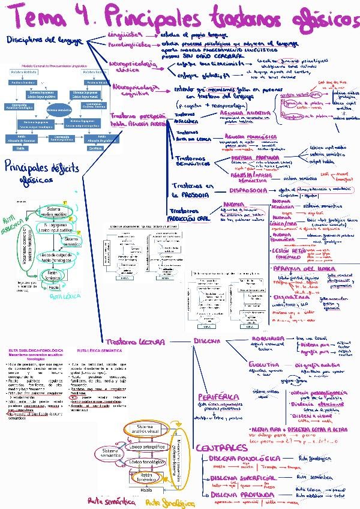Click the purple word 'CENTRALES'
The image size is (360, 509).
coord(221,448)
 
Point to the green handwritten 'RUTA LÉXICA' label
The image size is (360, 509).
coord(65,297)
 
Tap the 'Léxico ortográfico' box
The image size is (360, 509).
coord(148,447)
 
